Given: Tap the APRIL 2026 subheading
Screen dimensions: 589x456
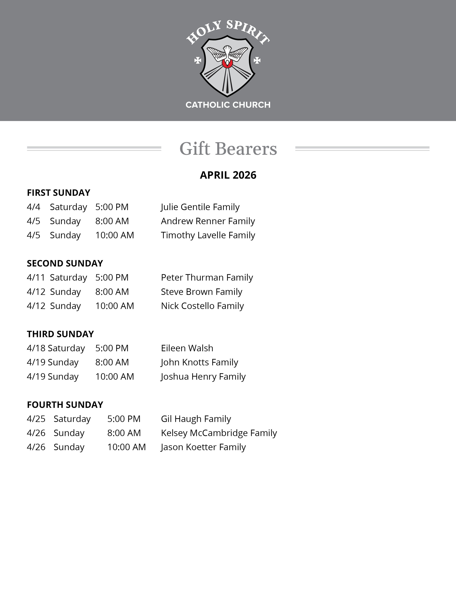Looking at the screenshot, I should point(228,175).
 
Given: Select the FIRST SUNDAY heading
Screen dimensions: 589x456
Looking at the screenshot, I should point(59,193).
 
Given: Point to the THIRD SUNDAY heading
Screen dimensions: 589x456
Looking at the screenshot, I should point(60,334).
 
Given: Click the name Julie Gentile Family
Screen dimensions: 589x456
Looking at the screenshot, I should point(200,207).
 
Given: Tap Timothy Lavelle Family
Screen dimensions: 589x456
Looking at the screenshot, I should point(208,235).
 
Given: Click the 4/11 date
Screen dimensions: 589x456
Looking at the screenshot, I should point(36,277).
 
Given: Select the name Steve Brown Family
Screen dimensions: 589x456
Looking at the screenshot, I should point(202,292).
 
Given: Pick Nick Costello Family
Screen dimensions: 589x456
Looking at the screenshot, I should point(202,306).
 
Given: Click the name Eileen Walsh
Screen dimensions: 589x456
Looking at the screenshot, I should point(187,348).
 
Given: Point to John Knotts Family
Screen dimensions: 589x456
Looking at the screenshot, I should point(199,362).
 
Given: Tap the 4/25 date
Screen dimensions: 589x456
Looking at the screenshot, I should point(36,419).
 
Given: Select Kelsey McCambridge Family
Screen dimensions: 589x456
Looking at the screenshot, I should point(219,433).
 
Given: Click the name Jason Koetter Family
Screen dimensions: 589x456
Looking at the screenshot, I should point(203,447).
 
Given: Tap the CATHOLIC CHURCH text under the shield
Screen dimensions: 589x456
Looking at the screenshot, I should point(228,105).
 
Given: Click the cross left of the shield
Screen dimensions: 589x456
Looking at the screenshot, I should point(198,60).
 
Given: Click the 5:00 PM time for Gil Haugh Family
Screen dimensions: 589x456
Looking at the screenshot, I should point(124,419).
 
